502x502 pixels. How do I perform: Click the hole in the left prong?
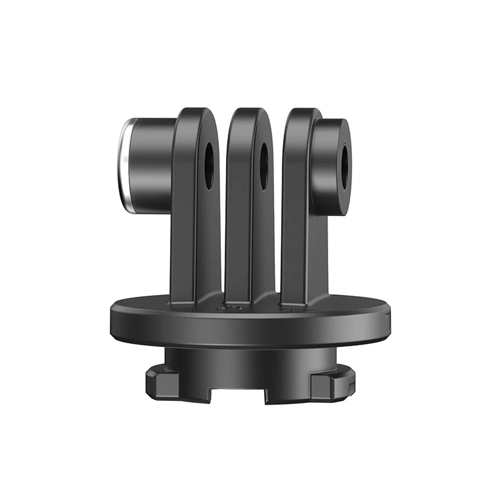click(208, 163)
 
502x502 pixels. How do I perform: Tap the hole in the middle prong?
click(264, 165)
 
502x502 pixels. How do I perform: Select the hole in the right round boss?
click(344, 163)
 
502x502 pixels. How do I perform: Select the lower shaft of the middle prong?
click(250, 251)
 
